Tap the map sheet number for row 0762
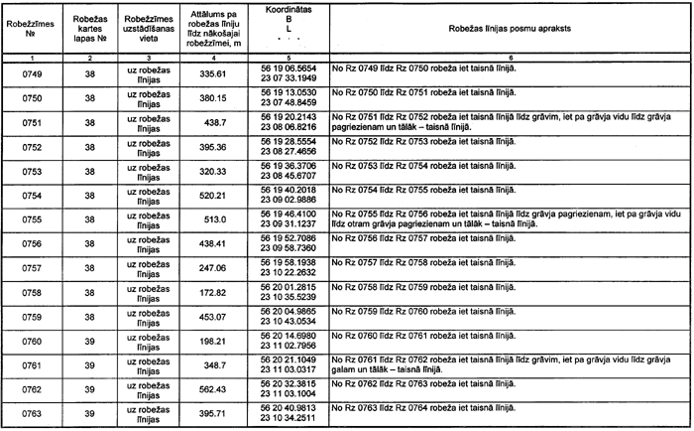click(x=89, y=389)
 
